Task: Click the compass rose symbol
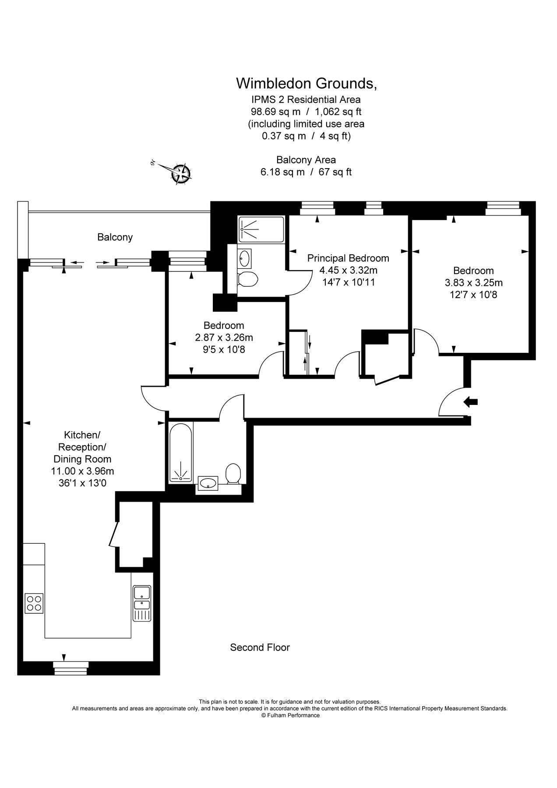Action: [180, 173]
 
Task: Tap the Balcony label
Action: [115, 237]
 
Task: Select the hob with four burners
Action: [34, 603]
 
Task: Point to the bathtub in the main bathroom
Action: [180, 453]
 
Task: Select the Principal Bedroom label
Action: [348, 258]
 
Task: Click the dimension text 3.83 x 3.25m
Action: [473, 282]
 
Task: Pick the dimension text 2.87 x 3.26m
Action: [224, 338]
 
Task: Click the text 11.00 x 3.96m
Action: [82, 471]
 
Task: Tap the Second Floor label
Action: [260, 647]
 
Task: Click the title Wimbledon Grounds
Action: [306, 83]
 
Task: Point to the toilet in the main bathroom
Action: [233, 474]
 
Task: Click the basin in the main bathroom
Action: [208, 483]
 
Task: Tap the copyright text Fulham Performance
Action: [290, 715]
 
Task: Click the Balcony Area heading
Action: [306, 160]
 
